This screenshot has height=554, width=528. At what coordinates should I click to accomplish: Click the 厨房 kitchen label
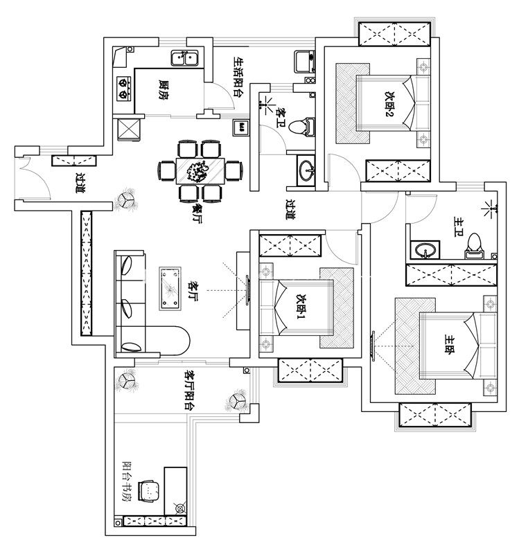(x=164, y=89)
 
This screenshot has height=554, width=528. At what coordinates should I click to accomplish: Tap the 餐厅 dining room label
(x=199, y=210)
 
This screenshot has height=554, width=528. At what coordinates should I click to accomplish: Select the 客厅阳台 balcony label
(x=188, y=388)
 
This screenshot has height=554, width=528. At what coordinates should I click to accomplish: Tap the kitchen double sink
(x=186, y=58)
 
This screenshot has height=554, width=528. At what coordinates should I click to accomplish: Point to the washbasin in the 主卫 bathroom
(x=423, y=249)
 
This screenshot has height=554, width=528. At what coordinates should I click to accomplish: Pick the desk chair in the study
(x=149, y=489)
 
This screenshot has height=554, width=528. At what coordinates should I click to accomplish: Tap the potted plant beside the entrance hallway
(x=127, y=200)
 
